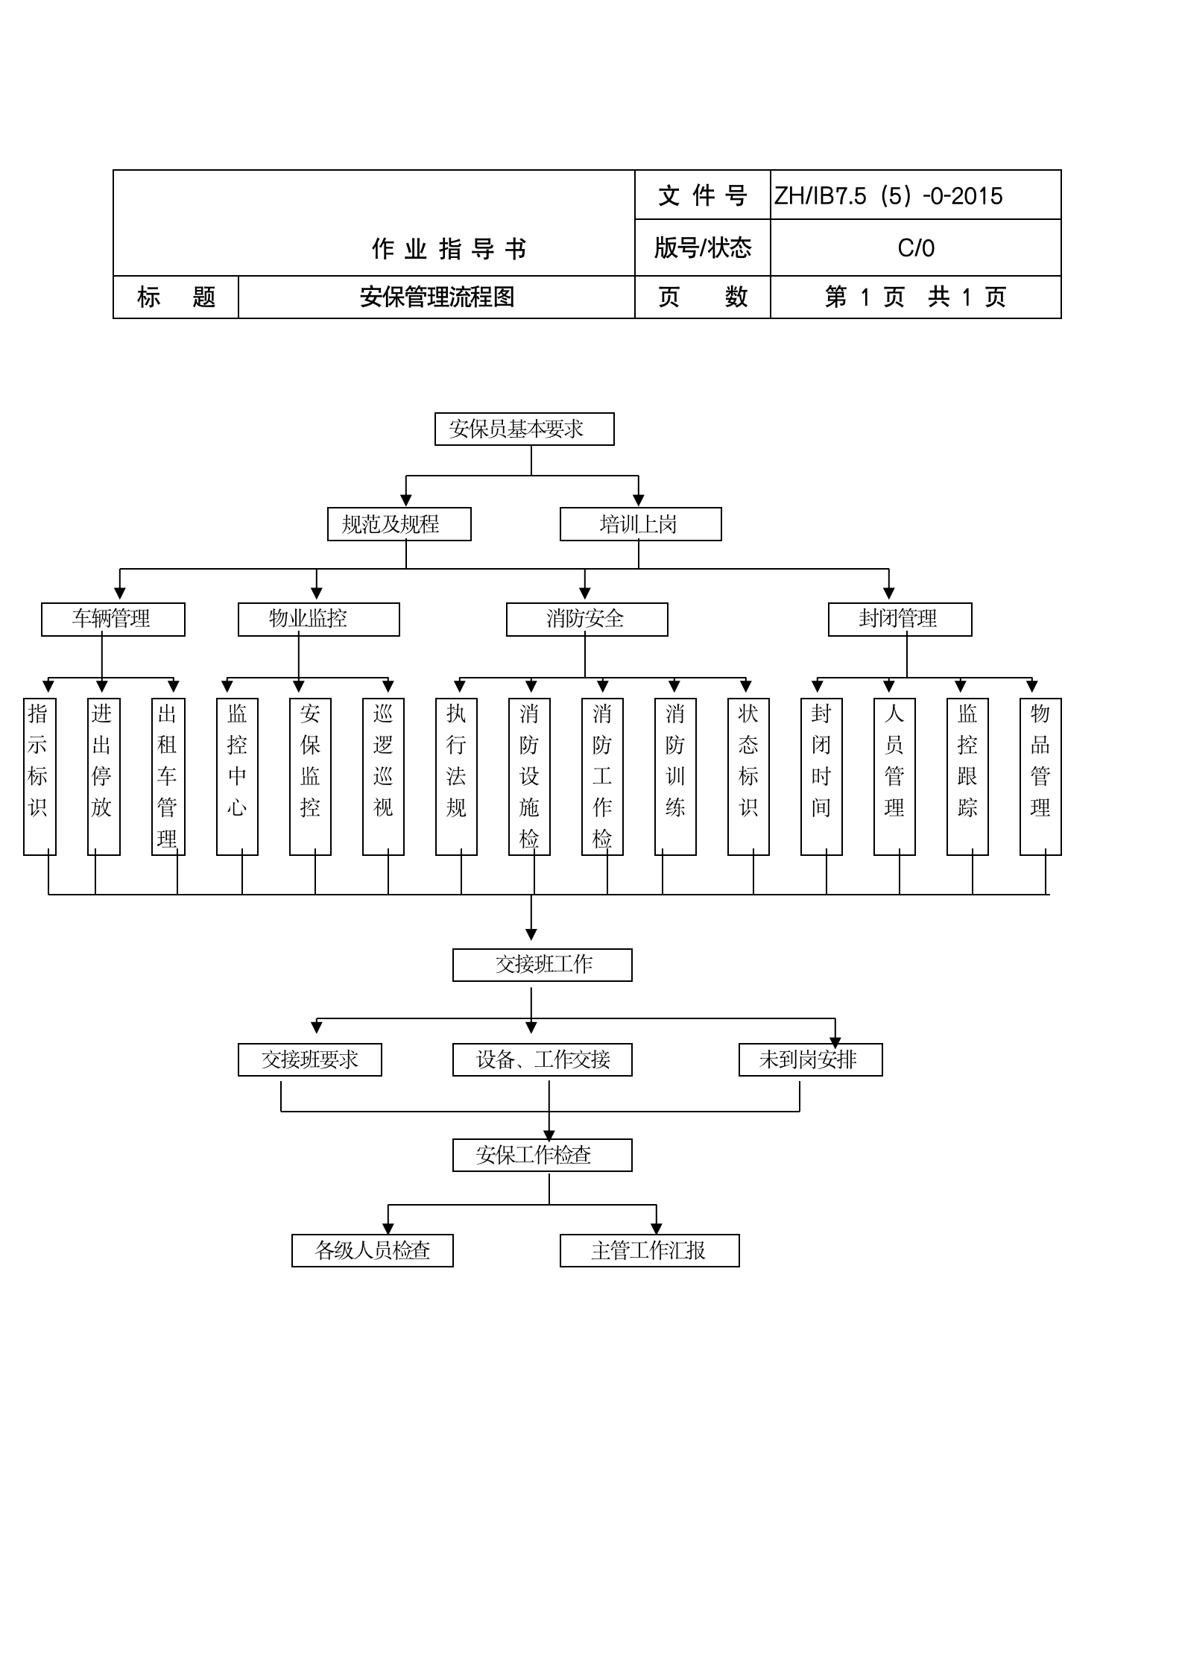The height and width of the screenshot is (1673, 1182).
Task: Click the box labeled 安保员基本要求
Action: (x=524, y=429)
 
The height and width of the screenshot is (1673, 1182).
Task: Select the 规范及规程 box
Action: (x=399, y=524)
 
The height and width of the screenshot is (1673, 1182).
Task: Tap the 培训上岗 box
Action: (x=640, y=524)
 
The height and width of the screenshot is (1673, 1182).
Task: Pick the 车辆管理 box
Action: (x=113, y=620)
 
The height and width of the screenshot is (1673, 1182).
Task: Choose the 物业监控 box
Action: (x=318, y=620)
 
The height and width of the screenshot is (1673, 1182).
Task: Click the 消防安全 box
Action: (x=587, y=620)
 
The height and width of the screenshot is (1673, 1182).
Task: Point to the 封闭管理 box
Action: (x=900, y=620)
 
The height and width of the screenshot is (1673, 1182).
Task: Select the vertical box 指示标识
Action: (x=39, y=776)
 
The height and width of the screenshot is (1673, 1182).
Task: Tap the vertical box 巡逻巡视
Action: (x=383, y=776)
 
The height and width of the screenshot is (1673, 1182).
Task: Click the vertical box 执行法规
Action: (x=456, y=776)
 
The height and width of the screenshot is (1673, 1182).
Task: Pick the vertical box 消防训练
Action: (x=675, y=776)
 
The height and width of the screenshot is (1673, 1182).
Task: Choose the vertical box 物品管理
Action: (x=1040, y=776)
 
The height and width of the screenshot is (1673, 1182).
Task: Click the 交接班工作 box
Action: (x=542, y=965)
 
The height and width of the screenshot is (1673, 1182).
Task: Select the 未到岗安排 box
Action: (x=810, y=1059)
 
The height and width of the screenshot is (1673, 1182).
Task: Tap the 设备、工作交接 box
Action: (x=542, y=1059)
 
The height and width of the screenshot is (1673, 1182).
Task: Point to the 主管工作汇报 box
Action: (x=649, y=1250)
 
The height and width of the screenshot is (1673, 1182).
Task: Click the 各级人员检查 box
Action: (x=372, y=1250)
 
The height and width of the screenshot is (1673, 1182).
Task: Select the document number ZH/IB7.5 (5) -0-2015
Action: (x=888, y=196)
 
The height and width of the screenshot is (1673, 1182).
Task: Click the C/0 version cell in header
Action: (x=915, y=248)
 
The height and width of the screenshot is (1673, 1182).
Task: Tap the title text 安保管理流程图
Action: (x=437, y=297)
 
